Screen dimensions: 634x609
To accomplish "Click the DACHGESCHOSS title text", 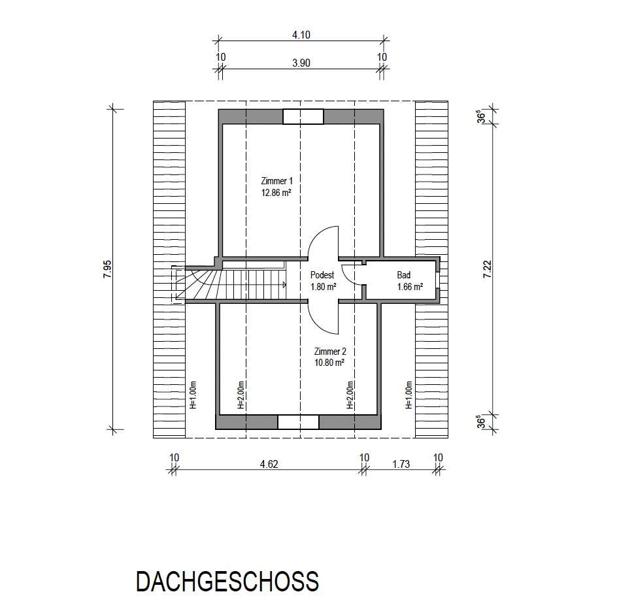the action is click(227, 582).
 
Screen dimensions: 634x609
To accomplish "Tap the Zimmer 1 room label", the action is click(276, 181).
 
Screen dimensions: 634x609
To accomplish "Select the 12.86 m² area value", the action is click(276, 193).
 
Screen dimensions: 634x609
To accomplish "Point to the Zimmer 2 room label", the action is click(330, 352).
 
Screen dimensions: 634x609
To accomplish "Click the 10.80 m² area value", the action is click(329, 363).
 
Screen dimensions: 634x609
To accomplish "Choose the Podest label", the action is click(322, 275).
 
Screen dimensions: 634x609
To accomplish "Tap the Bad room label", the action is click(404, 275).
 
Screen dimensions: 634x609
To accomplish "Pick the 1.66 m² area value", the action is click(410, 287).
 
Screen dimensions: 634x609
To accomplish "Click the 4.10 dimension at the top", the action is click(301, 35).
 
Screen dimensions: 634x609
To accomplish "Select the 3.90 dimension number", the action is click(301, 63).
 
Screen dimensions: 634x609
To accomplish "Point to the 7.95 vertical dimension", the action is click(108, 269).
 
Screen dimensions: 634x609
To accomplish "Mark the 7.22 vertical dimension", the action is click(488, 269).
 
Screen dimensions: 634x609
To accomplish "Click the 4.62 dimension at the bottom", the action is click(269, 465).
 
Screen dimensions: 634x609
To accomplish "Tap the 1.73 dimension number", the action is click(401, 465).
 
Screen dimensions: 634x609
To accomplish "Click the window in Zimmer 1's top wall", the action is click(303, 117).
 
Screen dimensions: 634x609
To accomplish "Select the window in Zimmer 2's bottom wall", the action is click(299, 422).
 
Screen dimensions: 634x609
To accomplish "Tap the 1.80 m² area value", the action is click(323, 287).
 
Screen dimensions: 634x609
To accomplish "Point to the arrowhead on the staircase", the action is click(285, 285).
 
